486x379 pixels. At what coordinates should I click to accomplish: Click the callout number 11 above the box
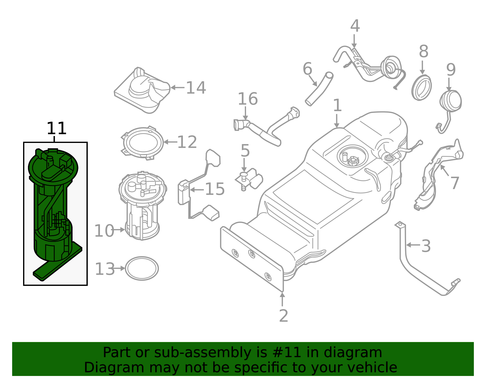click(56, 128)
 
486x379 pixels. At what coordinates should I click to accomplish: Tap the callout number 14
click(196, 88)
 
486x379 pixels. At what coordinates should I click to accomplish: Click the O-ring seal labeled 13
click(142, 269)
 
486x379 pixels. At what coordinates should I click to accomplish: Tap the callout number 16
click(248, 99)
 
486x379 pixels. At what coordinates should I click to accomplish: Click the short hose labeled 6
click(319, 89)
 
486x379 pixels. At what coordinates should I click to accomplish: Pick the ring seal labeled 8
click(422, 88)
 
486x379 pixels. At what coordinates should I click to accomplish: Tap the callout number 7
click(455, 183)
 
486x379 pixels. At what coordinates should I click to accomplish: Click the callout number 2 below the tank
click(283, 316)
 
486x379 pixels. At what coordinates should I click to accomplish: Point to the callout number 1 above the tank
click(337, 106)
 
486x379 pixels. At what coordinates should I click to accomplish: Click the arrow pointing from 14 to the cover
click(178, 87)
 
